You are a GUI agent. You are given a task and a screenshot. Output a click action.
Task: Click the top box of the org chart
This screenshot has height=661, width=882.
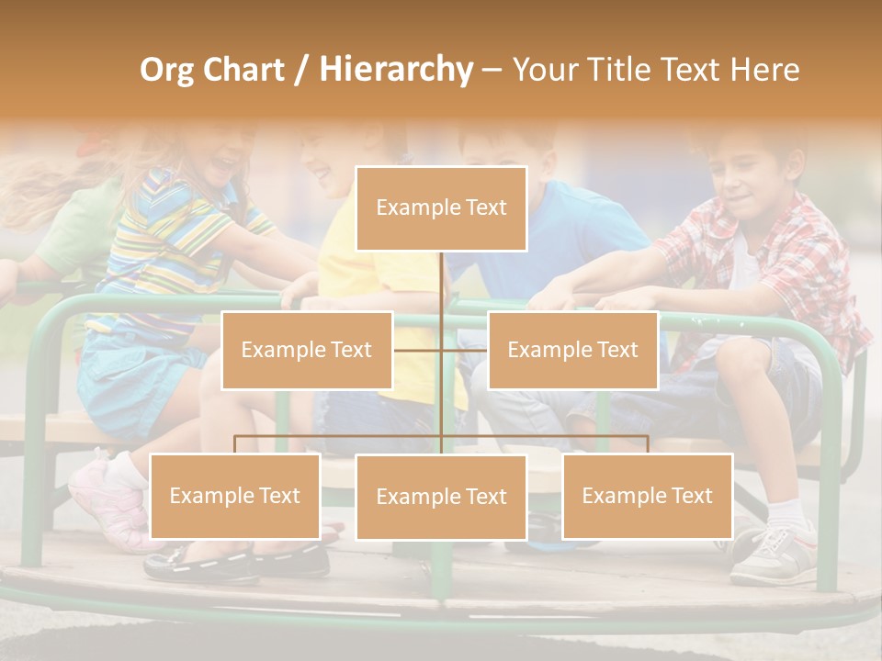pyautogui.click(x=441, y=208)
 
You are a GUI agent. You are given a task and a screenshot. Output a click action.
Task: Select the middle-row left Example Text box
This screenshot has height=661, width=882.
pyautogui.click(x=307, y=350)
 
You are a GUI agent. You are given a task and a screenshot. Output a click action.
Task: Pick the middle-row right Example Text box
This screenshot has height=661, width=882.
pyautogui.click(x=572, y=350)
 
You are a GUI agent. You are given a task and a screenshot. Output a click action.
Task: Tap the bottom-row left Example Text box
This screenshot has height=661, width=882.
pyautogui.click(x=235, y=496)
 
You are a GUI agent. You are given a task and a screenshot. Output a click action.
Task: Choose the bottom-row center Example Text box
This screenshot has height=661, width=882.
pyautogui.click(x=441, y=497)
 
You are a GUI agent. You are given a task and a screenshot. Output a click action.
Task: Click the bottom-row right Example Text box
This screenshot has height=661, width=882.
pyautogui.click(x=647, y=496)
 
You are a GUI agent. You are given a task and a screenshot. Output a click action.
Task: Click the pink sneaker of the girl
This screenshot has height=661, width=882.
pyautogui.click(x=101, y=496)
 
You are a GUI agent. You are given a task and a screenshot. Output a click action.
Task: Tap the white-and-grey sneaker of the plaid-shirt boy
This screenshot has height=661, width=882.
pyautogui.click(x=772, y=555)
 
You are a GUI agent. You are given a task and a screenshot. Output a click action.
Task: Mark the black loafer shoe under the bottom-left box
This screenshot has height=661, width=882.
pyautogui.click(x=202, y=562)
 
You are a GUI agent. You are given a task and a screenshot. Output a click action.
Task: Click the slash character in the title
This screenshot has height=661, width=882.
pyautogui.click(x=301, y=71)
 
